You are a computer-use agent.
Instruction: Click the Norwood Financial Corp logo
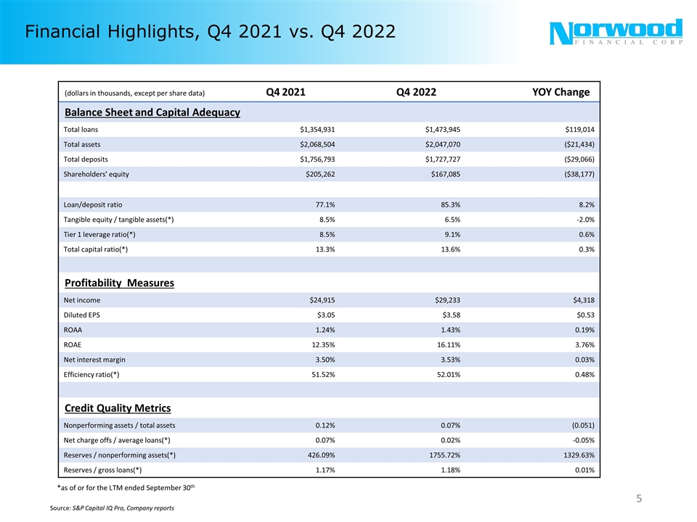(616, 33)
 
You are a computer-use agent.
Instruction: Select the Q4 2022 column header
(416, 92)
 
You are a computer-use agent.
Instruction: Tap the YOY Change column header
(561, 92)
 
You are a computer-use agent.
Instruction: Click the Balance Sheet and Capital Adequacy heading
(152, 113)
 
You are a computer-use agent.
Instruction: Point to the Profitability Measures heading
(119, 283)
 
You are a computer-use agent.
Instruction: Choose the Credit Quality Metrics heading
(118, 408)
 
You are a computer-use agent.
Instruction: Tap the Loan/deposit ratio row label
(98, 204)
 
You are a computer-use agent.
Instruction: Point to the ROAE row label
(73, 345)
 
